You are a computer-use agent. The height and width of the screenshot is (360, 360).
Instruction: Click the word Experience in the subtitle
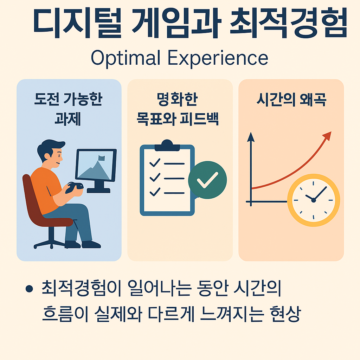click(x=218, y=58)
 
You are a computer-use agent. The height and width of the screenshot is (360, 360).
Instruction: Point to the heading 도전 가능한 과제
click(x=68, y=109)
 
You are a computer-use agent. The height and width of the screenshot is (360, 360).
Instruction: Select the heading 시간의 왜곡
click(x=291, y=100)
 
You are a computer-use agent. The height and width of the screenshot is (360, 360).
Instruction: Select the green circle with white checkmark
click(x=207, y=180)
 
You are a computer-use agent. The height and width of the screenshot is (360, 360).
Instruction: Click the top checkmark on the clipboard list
click(x=155, y=163)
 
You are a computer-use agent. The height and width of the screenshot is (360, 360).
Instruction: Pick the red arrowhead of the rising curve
click(x=327, y=136)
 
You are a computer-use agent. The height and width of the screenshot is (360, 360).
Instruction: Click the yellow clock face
click(x=313, y=200)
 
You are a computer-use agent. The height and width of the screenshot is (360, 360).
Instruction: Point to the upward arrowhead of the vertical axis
click(x=251, y=136)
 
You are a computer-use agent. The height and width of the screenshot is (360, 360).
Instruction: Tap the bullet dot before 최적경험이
click(x=29, y=289)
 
